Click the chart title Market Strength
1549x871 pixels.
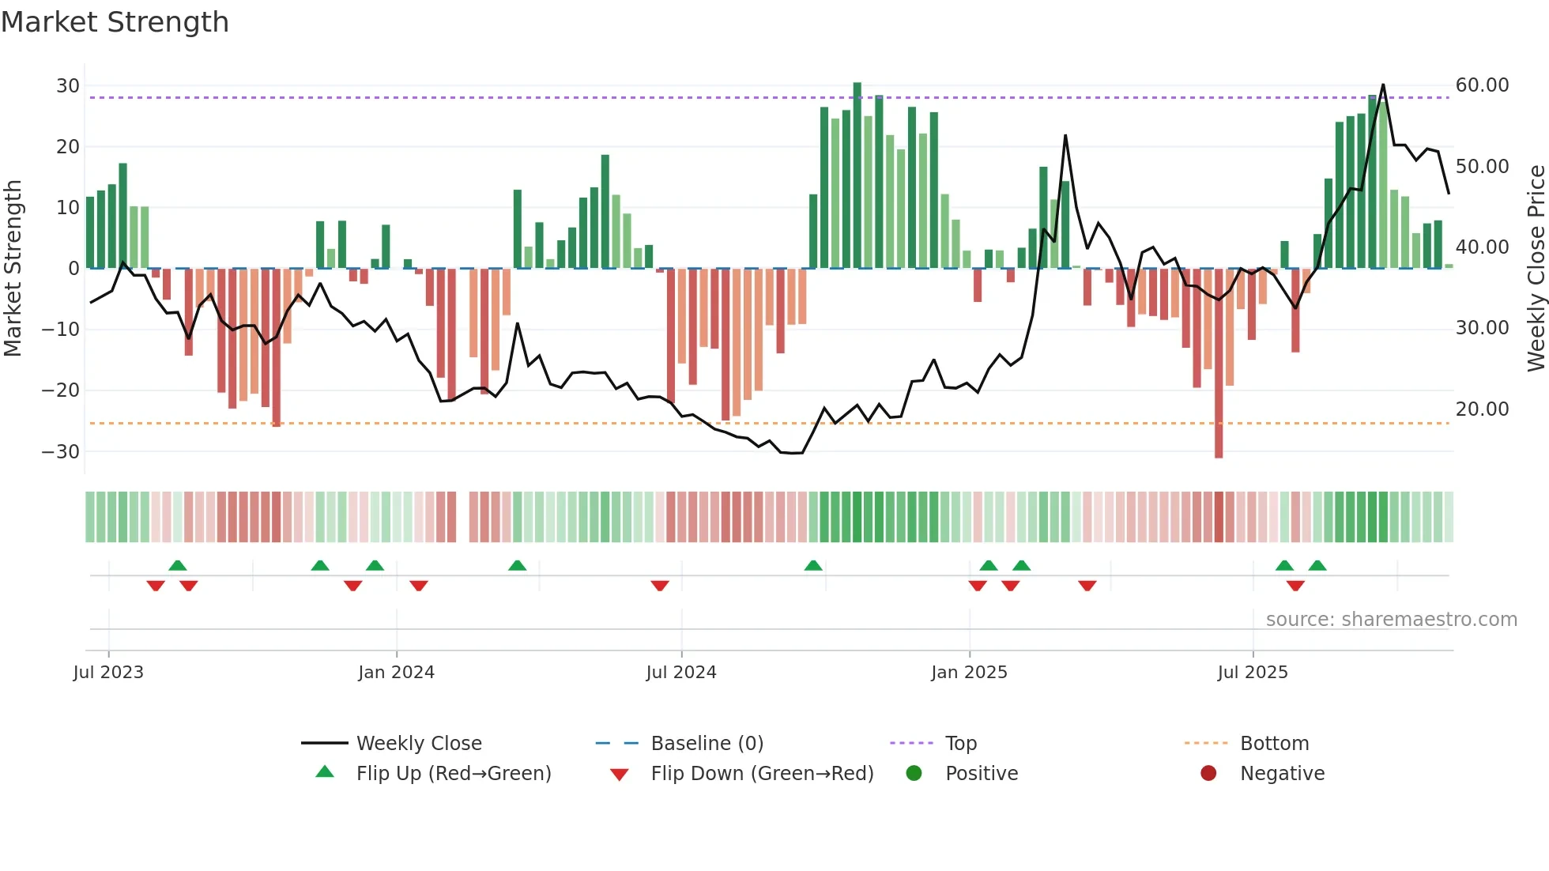tap(115, 22)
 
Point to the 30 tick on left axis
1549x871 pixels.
tap(68, 85)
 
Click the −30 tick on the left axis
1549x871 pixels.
tap(61, 451)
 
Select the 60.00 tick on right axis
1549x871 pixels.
tap(1482, 85)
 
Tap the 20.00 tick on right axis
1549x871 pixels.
tap(1482, 409)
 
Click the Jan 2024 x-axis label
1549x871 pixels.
tap(396, 673)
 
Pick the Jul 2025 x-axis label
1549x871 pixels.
tap(1253, 673)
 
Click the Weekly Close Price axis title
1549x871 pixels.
tap(1536, 268)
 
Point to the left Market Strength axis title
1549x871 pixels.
tap(13, 268)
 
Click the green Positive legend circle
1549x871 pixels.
tap(914, 773)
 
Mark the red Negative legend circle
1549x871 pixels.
tap(1208, 773)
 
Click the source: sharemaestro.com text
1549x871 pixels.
tap(1391, 620)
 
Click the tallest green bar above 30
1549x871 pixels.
tap(857, 174)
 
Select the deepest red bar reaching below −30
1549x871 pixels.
tap(1219, 364)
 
